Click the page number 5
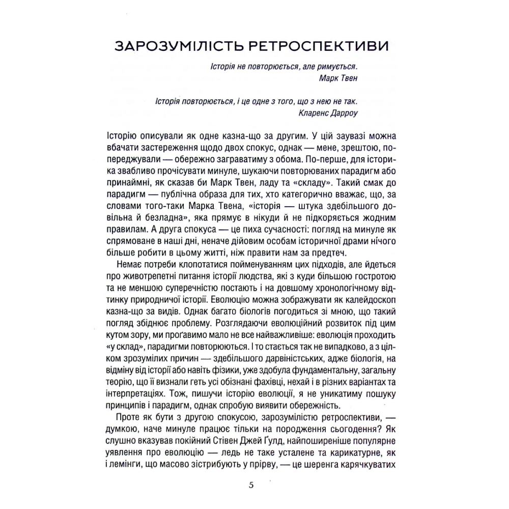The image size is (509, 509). pyautogui.click(x=251, y=485)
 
